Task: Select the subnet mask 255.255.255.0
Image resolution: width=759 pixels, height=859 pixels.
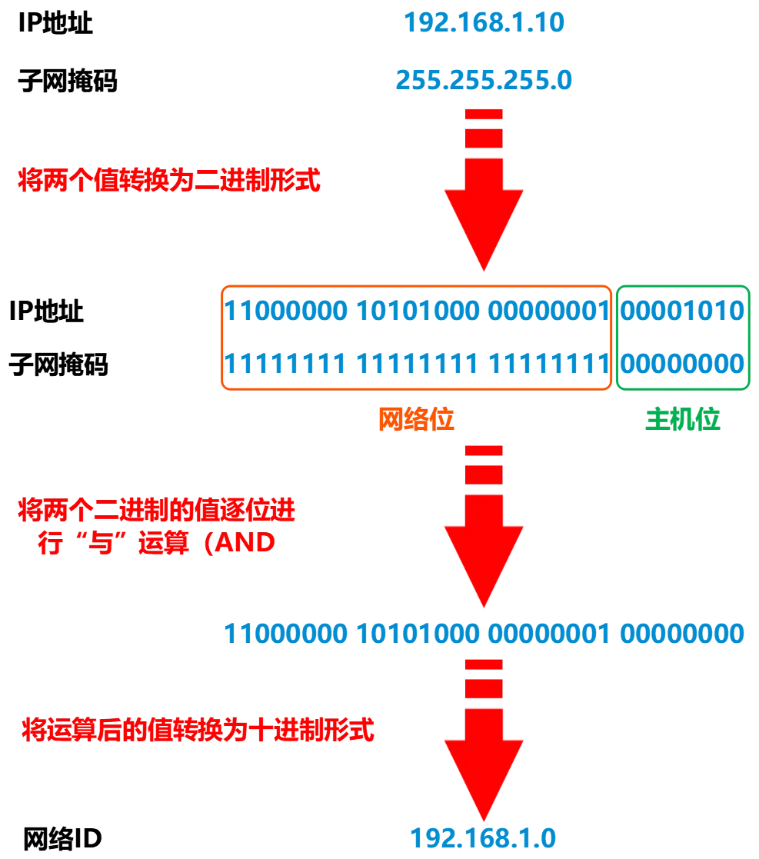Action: point(484,80)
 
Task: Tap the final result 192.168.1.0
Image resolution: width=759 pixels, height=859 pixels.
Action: point(484,837)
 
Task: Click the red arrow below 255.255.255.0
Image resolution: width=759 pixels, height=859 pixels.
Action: point(484,200)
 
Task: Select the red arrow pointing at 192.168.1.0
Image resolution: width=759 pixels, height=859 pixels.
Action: point(484,750)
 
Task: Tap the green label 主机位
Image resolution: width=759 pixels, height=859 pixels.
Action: point(684,418)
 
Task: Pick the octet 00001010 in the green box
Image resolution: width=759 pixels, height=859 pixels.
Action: point(683,311)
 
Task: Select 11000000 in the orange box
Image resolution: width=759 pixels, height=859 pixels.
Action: point(285,311)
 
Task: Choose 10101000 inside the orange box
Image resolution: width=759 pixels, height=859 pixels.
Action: point(418,311)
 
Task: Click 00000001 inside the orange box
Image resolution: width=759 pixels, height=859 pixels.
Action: point(549,311)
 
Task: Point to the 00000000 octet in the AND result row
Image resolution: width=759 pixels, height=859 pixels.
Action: point(683,634)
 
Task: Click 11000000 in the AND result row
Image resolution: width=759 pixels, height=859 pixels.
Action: point(285,634)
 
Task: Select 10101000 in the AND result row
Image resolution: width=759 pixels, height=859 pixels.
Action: point(418,634)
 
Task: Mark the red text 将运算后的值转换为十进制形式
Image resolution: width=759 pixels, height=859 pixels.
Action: point(198,730)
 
